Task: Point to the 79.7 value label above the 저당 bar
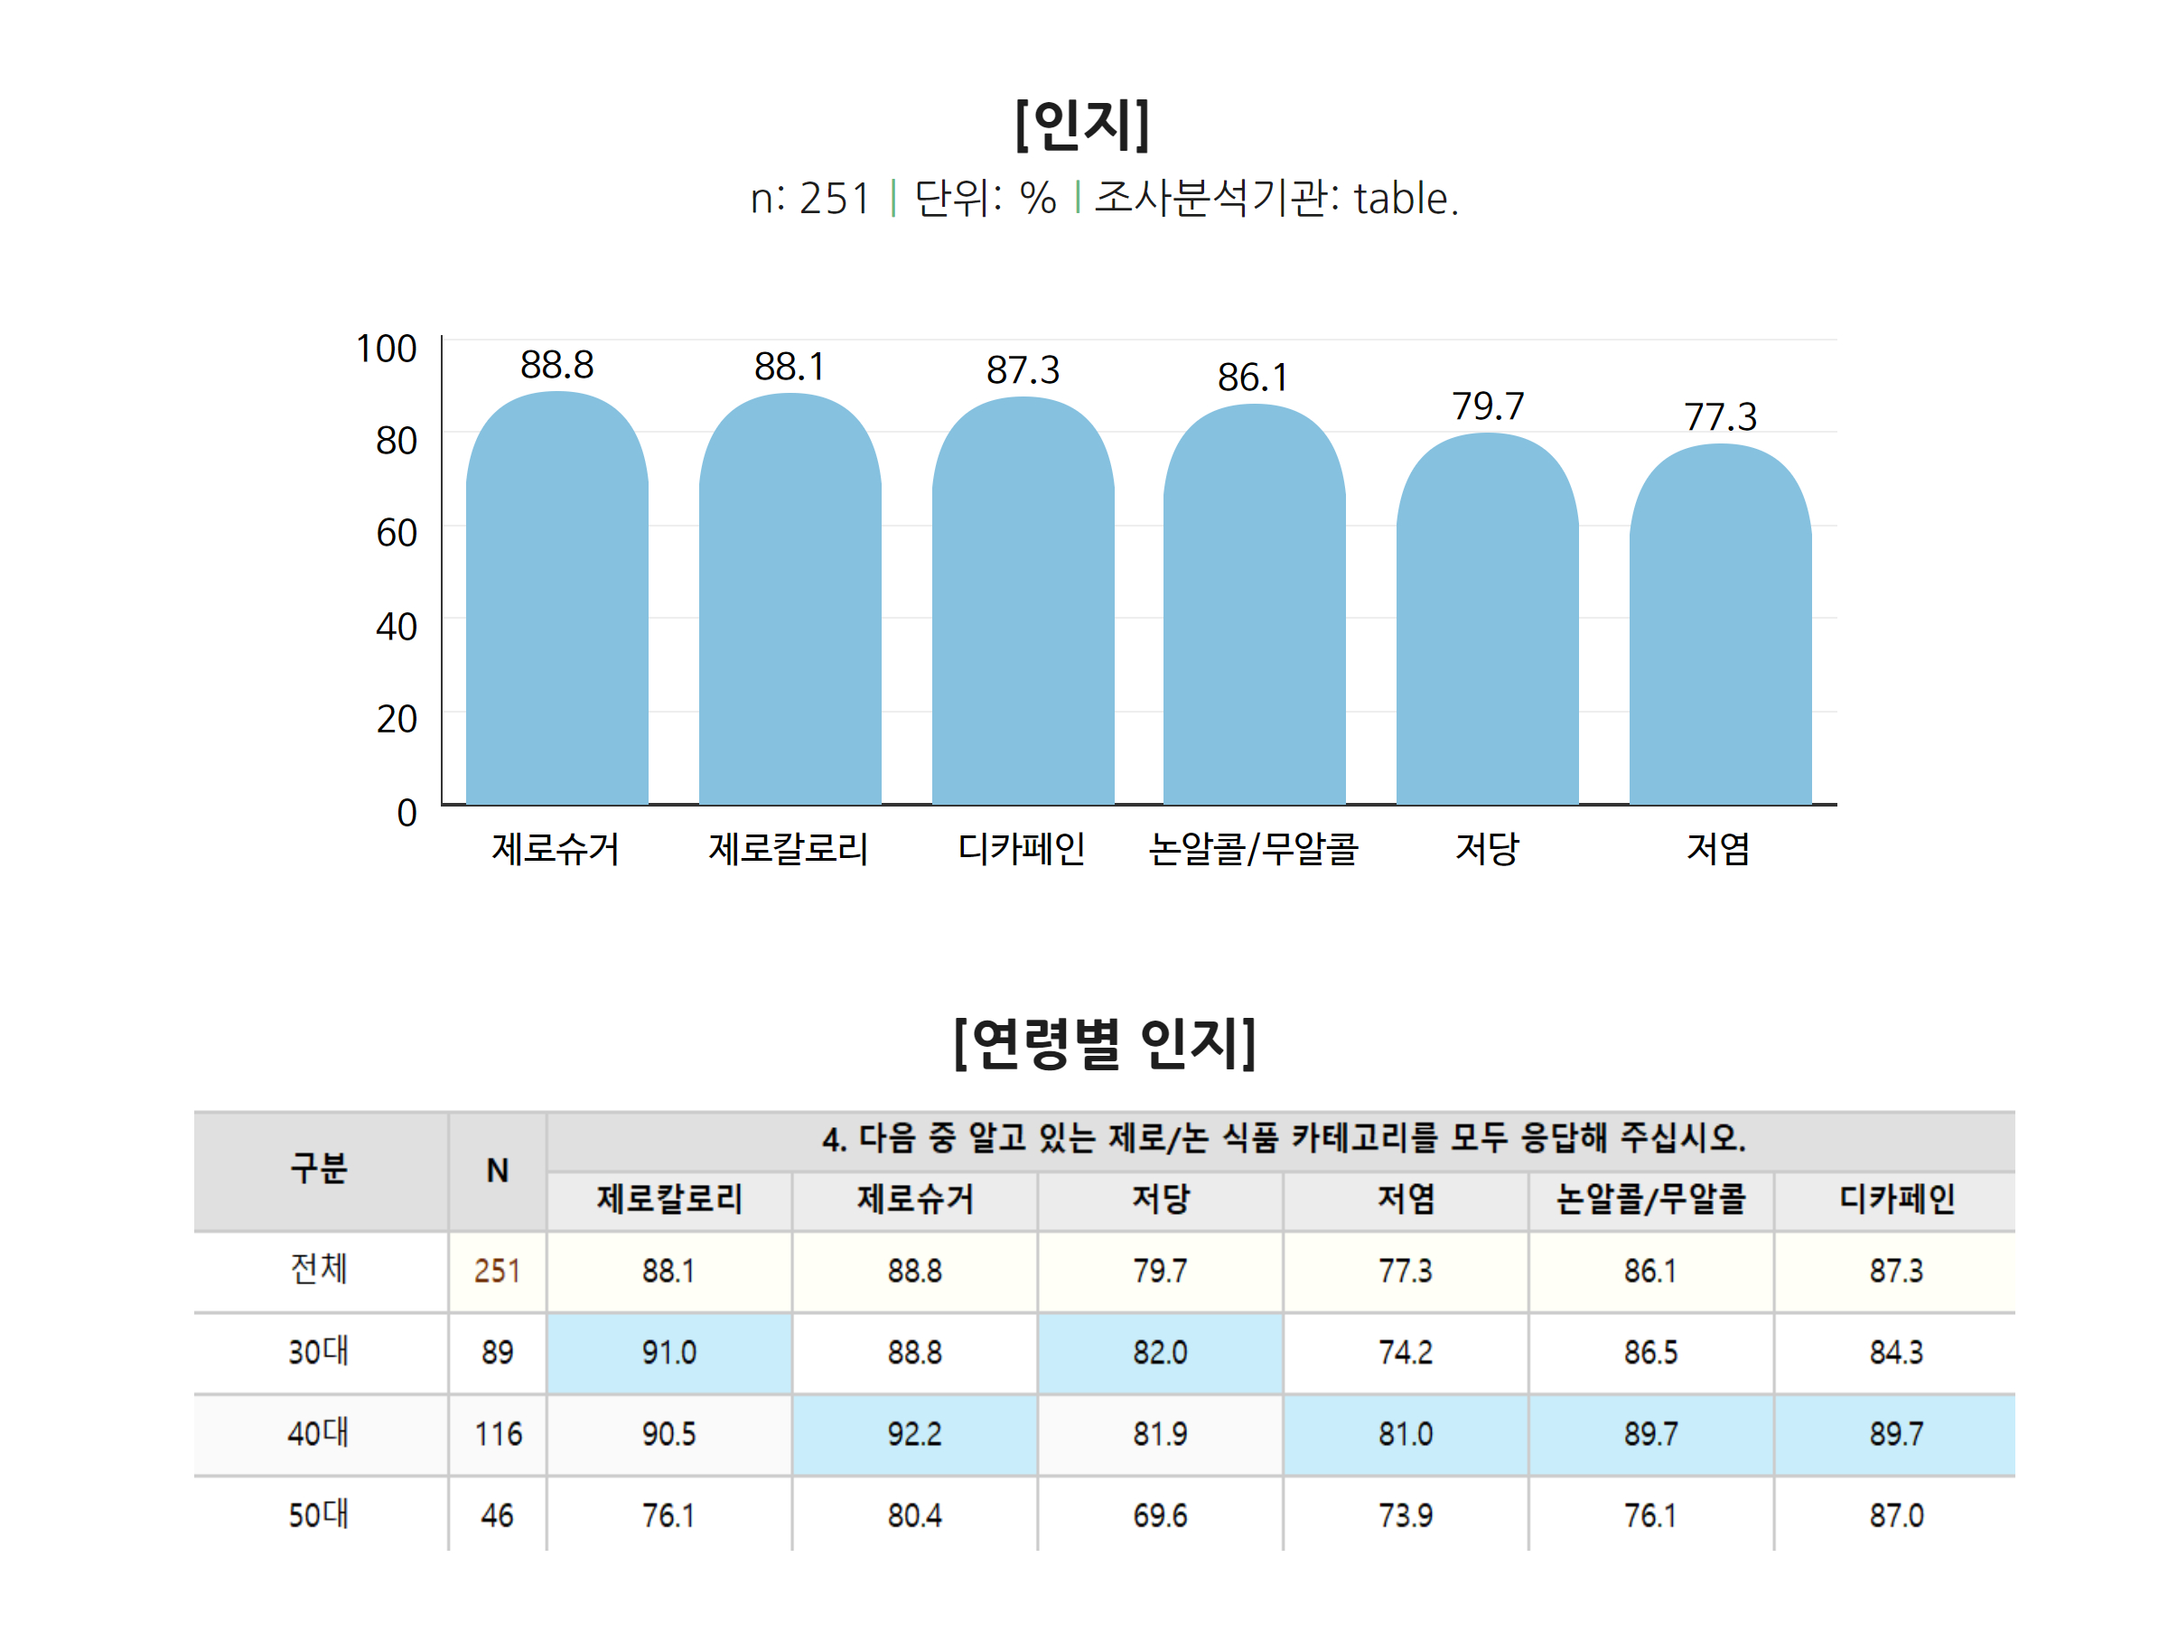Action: [1487, 406]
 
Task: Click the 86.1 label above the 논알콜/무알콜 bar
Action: [1252, 378]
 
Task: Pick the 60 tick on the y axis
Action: [396, 533]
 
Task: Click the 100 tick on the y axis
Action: [387, 349]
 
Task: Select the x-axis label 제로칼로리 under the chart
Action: [789, 848]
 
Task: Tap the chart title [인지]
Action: [1082, 125]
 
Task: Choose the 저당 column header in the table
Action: [1160, 1199]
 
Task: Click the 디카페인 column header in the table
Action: [1896, 1199]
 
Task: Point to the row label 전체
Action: [318, 1269]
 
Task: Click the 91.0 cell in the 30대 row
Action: [668, 1352]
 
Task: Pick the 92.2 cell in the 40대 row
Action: [914, 1434]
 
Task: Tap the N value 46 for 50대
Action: [497, 1516]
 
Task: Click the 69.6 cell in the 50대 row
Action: [1160, 1516]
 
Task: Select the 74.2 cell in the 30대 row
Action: [1406, 1352]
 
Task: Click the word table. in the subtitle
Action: [1406, 199]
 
